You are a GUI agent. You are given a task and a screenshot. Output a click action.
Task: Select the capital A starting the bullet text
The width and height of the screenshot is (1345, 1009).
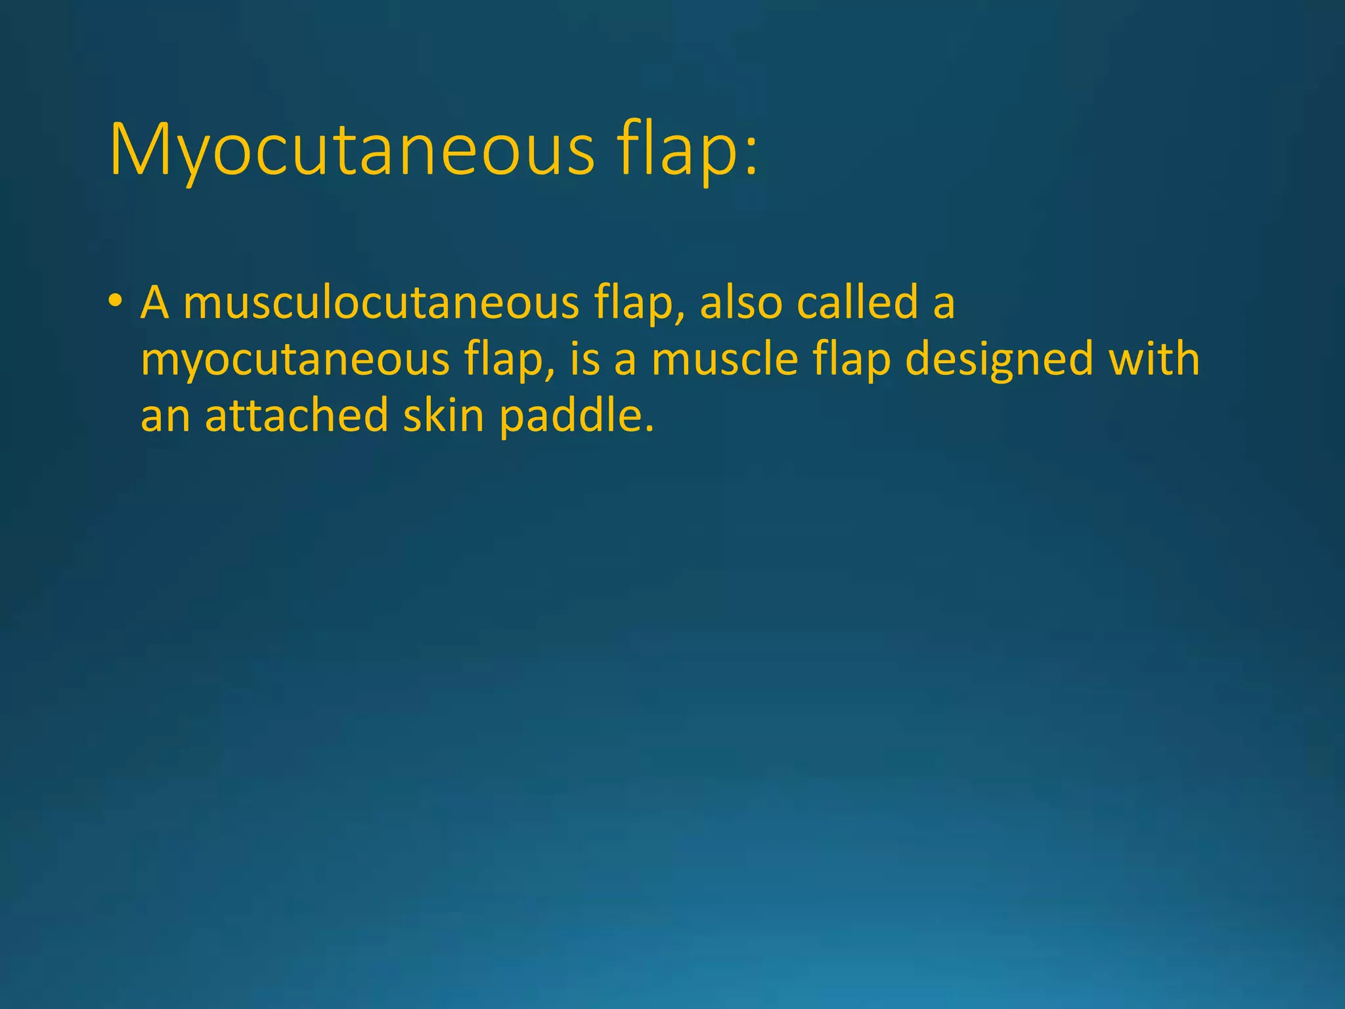pyautogui.click(x=155, y=303)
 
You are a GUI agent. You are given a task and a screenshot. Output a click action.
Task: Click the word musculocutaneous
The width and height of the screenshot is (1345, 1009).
pyautogui.click(x=381, y=303)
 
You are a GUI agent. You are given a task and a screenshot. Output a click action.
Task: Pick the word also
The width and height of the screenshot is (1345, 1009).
pyautogui.click(x=741, y=303)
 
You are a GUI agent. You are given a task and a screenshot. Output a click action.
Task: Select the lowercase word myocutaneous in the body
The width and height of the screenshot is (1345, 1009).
pyautogui.click(x=295, y=360)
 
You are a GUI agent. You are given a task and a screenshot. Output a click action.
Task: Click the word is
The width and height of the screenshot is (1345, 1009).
pyautogui.click(x=585, y=360)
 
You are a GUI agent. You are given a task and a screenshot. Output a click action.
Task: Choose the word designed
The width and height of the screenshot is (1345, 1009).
pyautogui.click(x=999, y=360)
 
